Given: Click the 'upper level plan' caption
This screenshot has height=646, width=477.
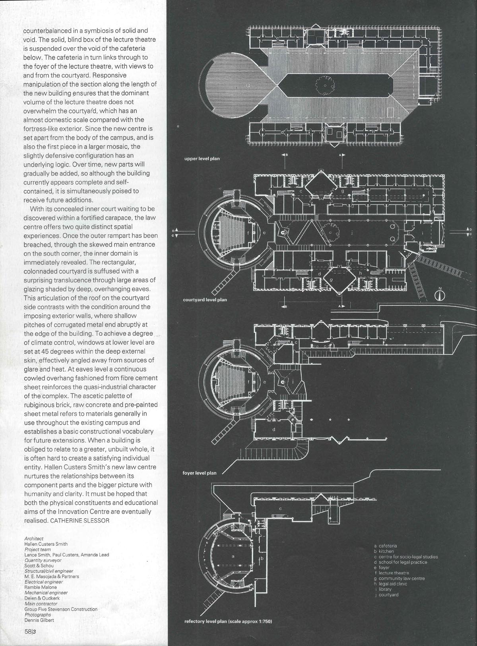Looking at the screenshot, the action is coord(202,158).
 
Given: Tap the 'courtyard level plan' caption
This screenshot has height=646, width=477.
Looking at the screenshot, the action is coord(205,300).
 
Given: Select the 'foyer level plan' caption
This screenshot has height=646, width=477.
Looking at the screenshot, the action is coord(199,473).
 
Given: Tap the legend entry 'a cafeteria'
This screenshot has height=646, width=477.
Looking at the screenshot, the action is coord(385,546).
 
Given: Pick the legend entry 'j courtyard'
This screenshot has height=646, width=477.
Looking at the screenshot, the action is coord(387,595).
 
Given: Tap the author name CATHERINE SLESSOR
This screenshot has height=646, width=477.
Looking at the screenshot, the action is coord(79,520).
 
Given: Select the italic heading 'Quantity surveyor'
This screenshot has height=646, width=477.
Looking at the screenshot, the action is coord(43,560).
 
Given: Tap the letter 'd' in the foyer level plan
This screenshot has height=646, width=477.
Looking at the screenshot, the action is coord(274,429).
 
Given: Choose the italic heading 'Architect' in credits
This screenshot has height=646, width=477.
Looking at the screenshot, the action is coord(34,538).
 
